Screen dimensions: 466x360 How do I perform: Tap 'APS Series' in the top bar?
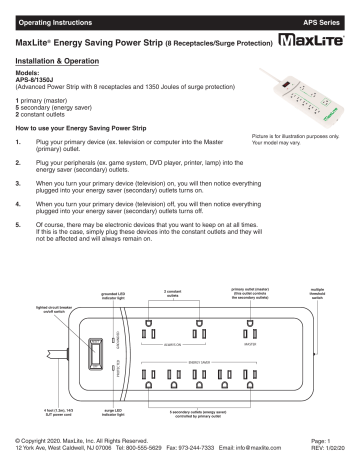pos(322,19)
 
